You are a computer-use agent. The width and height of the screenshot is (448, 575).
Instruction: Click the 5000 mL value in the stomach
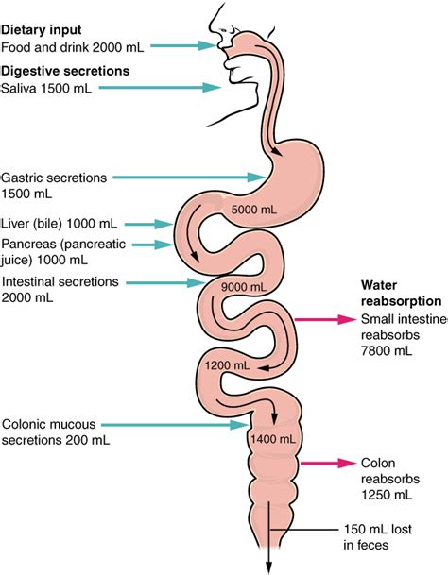tap(250, 209)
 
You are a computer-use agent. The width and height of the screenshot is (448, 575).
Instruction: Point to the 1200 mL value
tap(227, 364)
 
